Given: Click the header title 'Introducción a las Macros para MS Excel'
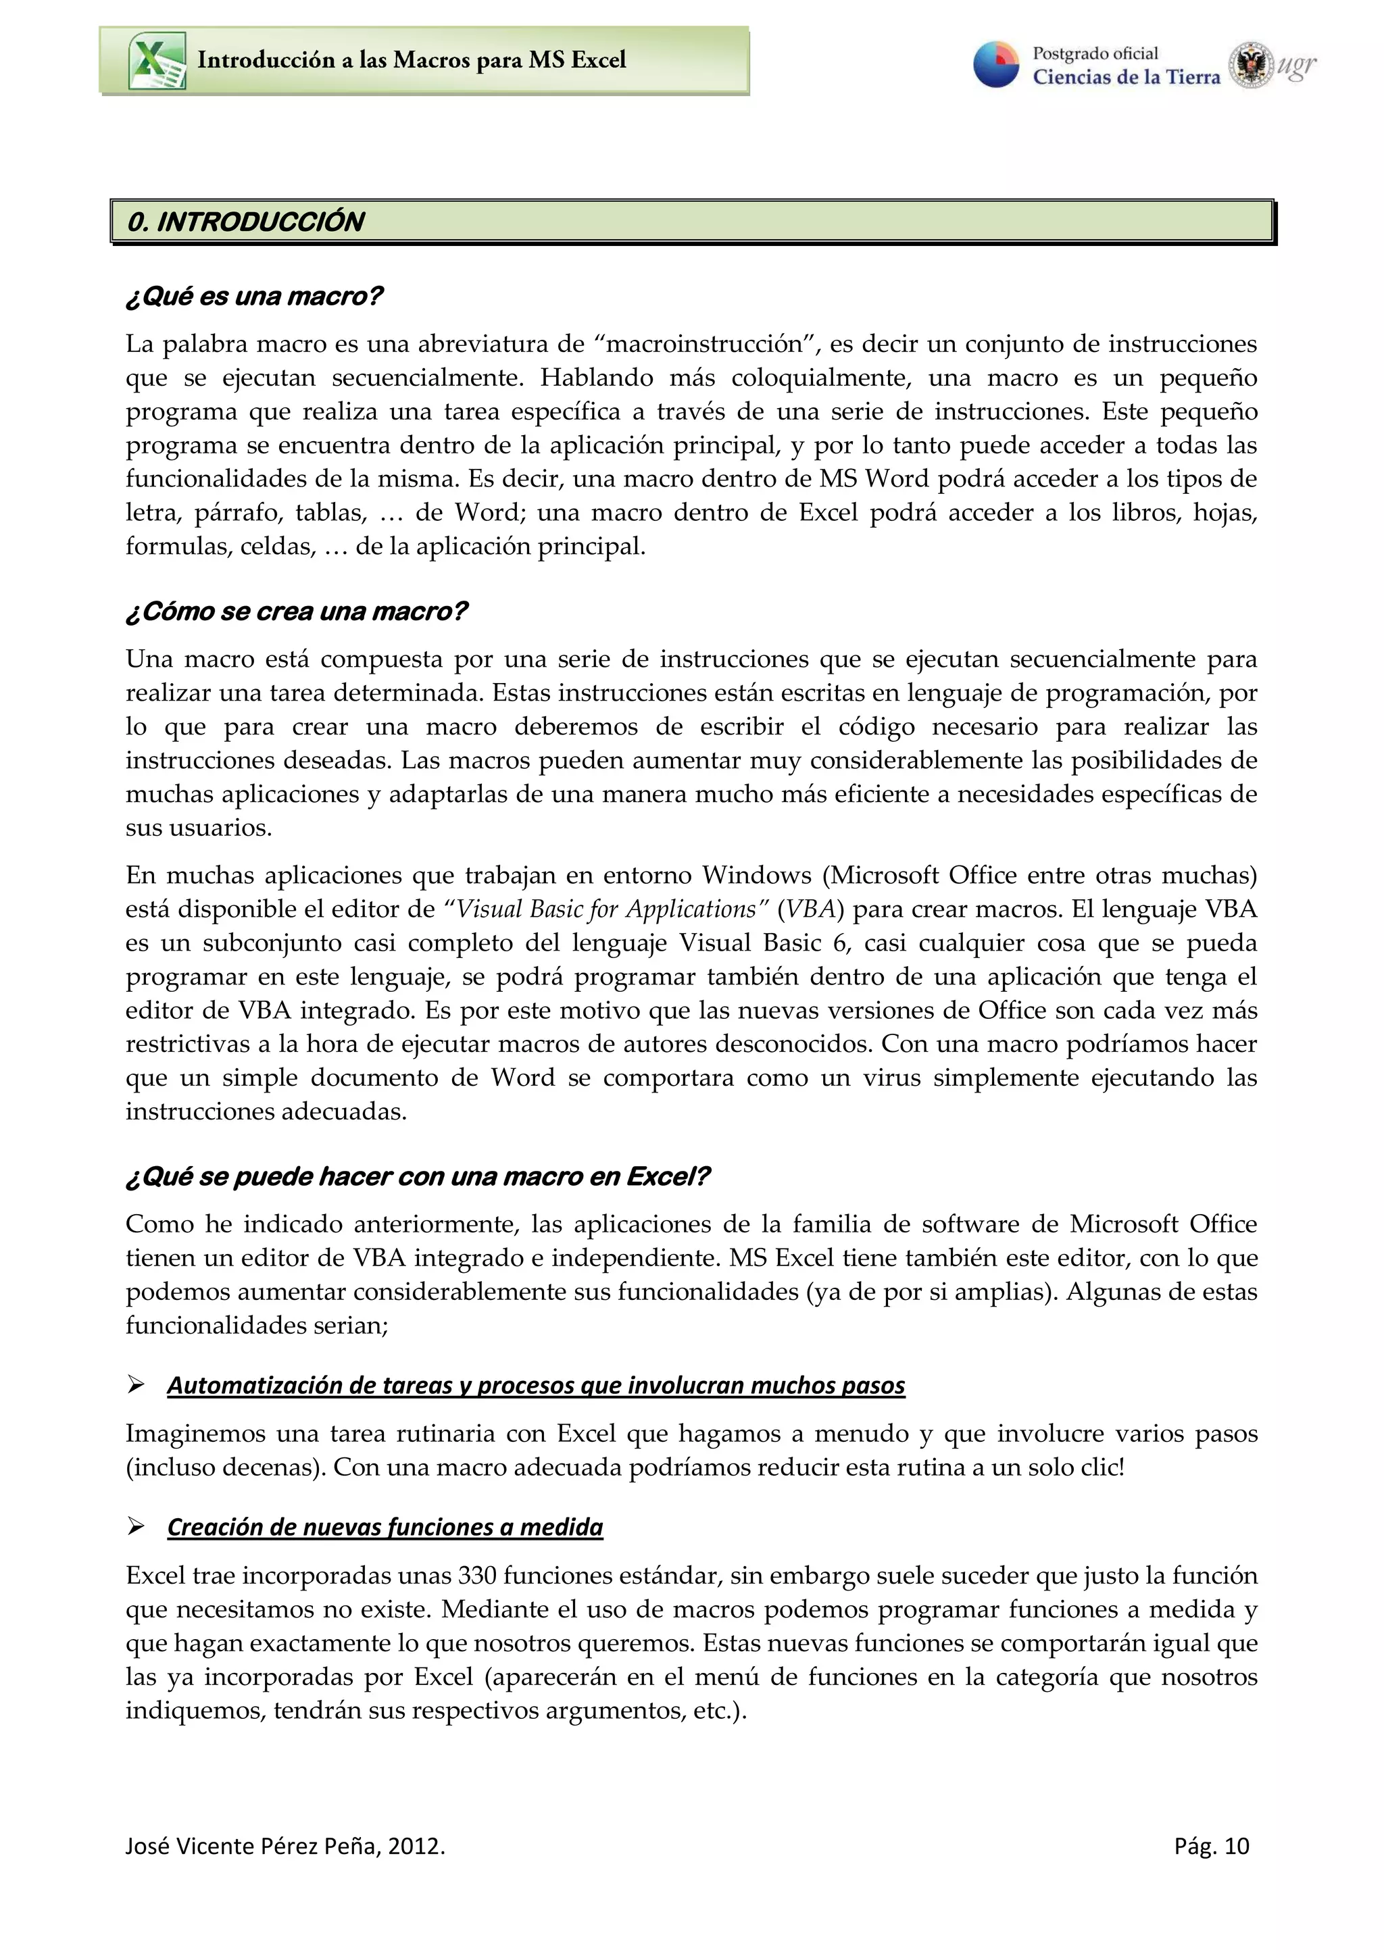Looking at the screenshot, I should pos(411,59).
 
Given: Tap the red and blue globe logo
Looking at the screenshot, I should pos(996,64).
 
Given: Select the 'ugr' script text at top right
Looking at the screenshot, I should pos(1297,66).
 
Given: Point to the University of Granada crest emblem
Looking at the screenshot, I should pos(1250,65).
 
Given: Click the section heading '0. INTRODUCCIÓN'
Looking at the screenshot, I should pos(245,222).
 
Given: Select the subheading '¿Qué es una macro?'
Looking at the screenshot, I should pos(254,297).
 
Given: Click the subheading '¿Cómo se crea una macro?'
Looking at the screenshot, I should pos(297,611).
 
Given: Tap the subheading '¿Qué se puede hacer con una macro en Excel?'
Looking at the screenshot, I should pos(418,1177).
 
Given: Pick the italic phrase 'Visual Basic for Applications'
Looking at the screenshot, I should pos(605,909).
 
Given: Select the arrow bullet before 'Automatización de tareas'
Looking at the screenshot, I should pos(136,1385).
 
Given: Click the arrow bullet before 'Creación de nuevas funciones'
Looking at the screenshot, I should pos(136,1526).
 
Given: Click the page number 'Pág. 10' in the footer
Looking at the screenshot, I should pos(1211,1847).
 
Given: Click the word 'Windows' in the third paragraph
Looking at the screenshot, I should pos(756,875).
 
